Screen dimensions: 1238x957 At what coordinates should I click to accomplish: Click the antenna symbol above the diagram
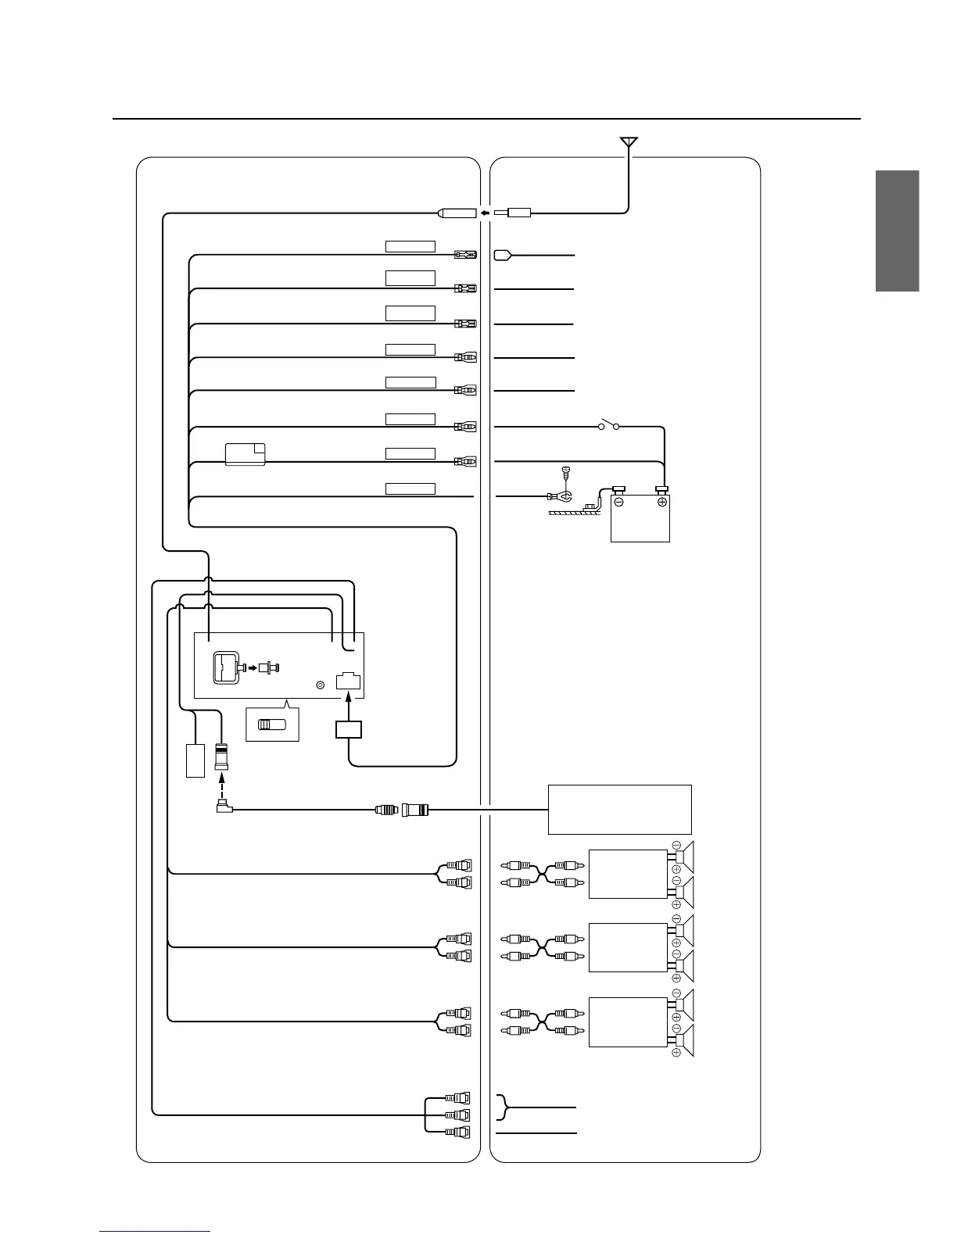tap(629, 142)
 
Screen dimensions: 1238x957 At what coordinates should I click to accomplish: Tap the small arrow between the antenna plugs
tap(486, 212)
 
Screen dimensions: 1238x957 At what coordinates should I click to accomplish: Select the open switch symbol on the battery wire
tap(609, 427)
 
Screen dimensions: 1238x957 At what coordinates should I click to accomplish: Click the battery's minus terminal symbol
tap(618, 502)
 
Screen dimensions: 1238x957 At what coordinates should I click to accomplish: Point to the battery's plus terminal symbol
tap(662, 502)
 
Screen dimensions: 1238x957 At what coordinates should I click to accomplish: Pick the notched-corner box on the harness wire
tap(245, 454)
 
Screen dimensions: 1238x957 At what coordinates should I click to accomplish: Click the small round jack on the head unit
tap(319, 685)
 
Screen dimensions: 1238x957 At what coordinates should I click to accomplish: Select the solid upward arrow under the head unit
tap(348, 704)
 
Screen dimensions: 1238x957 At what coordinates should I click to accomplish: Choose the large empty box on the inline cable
tap(619, 810)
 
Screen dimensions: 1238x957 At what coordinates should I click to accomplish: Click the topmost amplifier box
tap(627, 874)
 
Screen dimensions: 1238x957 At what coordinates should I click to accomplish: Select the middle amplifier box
tap(627, 947)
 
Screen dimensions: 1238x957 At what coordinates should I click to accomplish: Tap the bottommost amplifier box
tap(627, 1022)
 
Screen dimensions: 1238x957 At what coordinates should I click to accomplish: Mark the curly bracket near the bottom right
tap(504, 1108)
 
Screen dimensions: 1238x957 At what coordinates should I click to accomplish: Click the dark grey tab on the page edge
tap(897, 231)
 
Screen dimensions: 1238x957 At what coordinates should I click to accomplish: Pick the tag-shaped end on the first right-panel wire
tap(502, 256)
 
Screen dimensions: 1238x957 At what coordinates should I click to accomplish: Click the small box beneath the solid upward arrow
tap(349, 730)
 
